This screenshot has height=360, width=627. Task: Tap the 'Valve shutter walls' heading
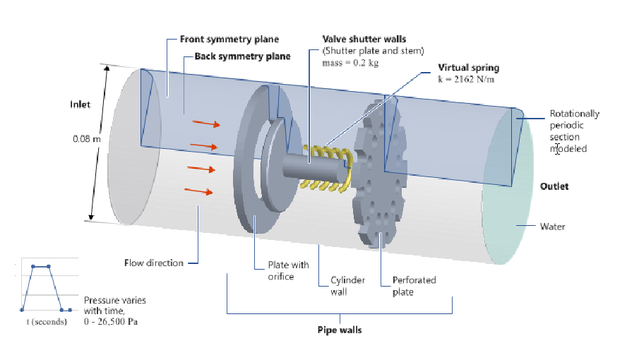tap(364, 40)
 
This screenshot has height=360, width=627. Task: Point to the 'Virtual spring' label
tap(469, 68)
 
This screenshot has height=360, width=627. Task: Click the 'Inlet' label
tap(80, 104)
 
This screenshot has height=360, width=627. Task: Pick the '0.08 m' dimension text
tap(87, 138)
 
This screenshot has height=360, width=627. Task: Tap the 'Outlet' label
tap(554, 186)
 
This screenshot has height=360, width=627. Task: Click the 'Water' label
tap(552, 227)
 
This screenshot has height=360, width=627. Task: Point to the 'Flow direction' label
tap(153, 263)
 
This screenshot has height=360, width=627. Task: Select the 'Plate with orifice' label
tap(287, 270)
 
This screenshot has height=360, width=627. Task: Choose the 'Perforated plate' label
tap(414, 286)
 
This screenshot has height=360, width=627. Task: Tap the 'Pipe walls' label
tap(340, 329)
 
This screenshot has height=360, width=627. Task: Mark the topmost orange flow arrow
tap(206, 124)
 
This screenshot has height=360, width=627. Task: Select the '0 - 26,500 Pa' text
tap(113, 321)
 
